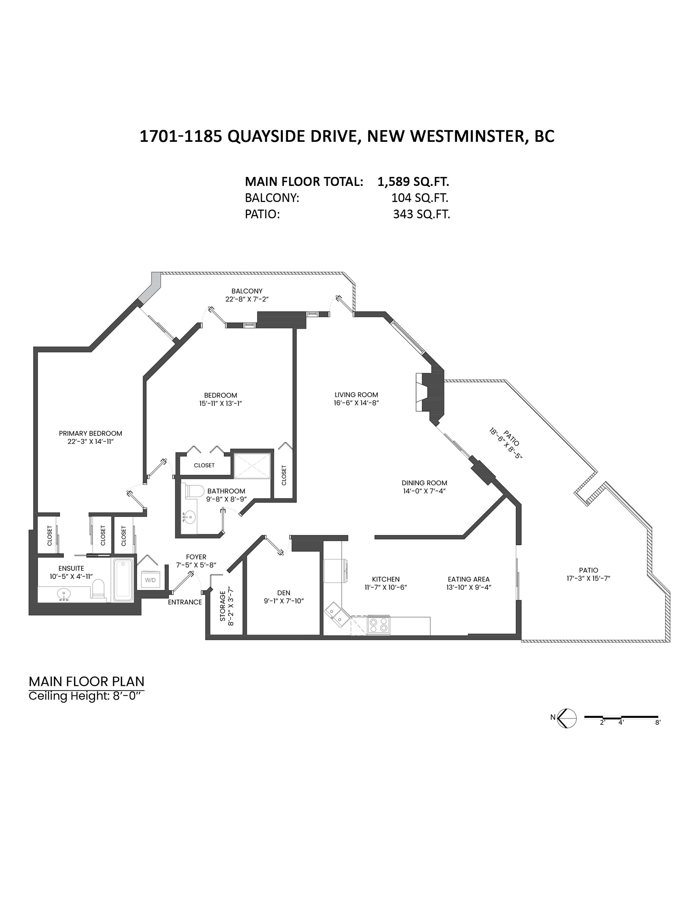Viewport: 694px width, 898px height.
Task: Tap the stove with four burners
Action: (x=379, y=626)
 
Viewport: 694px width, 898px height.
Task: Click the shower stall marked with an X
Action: (x=253, y=465)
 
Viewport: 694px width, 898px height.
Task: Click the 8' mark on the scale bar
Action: (x=657, y=723)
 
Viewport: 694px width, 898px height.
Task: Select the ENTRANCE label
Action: (x=185, y=602)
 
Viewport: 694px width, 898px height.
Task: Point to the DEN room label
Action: (x=284, y=592)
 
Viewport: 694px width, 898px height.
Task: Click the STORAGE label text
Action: (x=223, y=606)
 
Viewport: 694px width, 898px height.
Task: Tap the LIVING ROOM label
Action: (x=356, y=395)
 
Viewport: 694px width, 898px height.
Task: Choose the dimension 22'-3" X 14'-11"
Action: (x=90, y=441)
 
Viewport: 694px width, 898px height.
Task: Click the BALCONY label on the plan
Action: (x=247, y=291)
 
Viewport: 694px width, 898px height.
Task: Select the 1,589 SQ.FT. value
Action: (x=413, y=181)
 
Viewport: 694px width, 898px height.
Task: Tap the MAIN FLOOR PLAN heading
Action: (x=87, y=682)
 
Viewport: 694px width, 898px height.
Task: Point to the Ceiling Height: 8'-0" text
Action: (x=87, y=696)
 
